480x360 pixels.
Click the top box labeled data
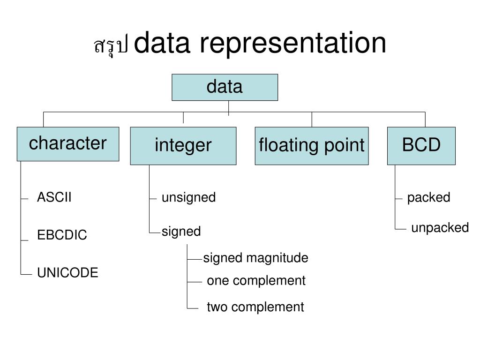coord(225,87)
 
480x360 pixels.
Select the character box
coord(68,144)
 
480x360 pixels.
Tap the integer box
coord(183,146)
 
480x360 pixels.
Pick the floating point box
coord(312,146)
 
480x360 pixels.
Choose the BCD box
coord(421,146)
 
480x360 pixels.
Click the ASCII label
coord(54,197)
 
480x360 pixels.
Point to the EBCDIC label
coord(62,235)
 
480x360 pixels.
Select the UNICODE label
coord(67,272)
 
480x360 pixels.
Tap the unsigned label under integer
coord(188,198)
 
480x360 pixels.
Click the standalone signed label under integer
coord(181,232)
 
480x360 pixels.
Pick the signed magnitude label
coord(255,258)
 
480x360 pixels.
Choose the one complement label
coord(256,281)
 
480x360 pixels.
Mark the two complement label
coord(255,307)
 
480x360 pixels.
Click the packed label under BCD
coord(428,198)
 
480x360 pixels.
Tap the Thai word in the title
coord(111,46)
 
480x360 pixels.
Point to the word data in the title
coord(162,43)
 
